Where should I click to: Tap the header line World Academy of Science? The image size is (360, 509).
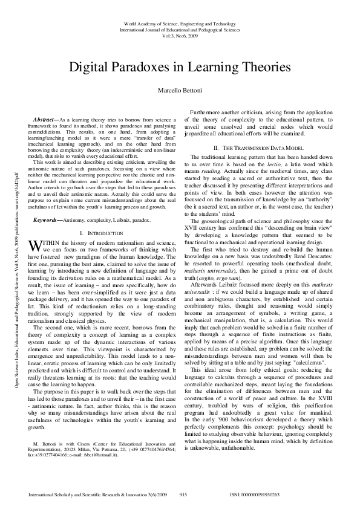click(180, 22)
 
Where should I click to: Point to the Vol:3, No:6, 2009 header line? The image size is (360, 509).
click(180, 36)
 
